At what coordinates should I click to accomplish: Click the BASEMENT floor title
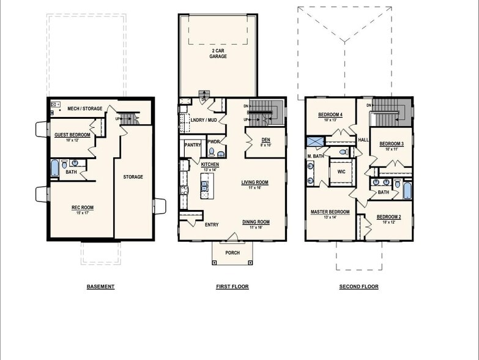[x=100, y=287]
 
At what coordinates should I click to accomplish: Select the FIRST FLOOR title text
[x=232, y=287]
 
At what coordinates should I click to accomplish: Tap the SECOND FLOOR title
[x=359, y=287]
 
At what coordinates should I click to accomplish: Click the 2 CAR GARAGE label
[x=218, y=53]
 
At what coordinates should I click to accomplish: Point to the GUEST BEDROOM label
[x=72, y=135]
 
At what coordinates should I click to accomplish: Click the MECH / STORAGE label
[x=85, y=109]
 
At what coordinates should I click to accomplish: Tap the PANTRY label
[x=193, y=145]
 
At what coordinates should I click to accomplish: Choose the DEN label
[x=265, y=140]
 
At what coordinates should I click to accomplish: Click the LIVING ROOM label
[x=254, y=182]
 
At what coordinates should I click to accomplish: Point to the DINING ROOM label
[x=255, y=222]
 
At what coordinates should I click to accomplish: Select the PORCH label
[x=232, y=253]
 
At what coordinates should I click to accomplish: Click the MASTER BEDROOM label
[x=330, y=212]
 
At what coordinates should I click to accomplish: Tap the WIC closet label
[x=341, y=171]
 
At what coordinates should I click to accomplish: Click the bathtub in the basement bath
[x=55, y=167]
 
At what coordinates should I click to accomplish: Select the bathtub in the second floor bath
[x=407, y=189]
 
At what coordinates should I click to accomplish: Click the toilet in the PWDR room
[x=212, y=152]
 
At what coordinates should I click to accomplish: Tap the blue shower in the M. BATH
[x=316, y=142]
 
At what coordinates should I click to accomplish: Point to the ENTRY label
[x=212, y=225]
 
